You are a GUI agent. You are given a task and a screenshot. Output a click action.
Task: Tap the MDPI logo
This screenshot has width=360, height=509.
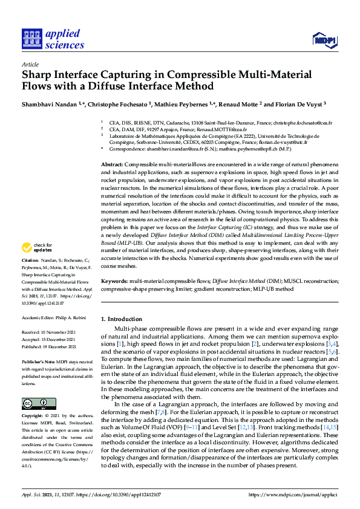coord(324,40)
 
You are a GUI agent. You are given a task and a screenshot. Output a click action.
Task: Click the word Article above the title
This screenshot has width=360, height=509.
coord(30,64)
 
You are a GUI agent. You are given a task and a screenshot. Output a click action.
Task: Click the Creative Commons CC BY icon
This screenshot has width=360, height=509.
coord(34,403)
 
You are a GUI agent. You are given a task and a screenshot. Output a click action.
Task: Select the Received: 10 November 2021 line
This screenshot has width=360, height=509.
coord(49,332)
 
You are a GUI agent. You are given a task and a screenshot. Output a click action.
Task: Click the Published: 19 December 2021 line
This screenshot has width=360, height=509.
coord(49,347)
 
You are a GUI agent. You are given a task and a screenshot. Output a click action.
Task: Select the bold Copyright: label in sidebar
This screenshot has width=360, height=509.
coord(33,417)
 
